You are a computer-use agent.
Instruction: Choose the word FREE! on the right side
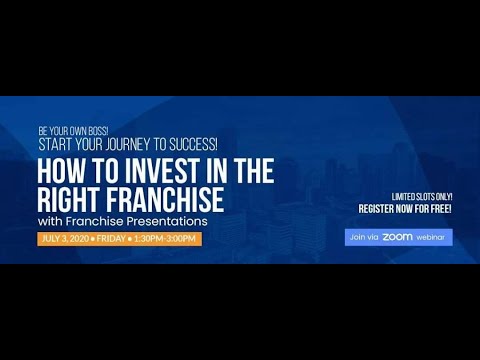(x=438, y=209)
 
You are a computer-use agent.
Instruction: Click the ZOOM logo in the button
(x=397, y=237)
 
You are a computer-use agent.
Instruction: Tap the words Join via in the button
(x=363, y=237)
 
